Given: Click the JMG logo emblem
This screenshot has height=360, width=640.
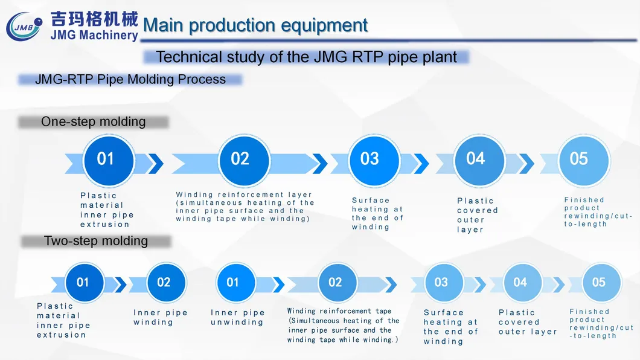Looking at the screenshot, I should pos(25,27).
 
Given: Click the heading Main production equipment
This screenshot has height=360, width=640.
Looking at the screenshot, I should pos(255,25).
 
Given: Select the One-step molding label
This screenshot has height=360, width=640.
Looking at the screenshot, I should pos(93,121).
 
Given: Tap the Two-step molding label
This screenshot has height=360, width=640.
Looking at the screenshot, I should pos(96,241).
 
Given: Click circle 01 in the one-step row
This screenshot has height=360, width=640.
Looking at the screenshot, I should pos(106,159).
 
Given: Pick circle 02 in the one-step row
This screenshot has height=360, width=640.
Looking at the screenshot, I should pos(240,159).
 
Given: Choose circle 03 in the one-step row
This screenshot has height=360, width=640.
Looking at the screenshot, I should pos(370,159).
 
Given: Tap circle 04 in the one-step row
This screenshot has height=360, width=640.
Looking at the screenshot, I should pos(476,159).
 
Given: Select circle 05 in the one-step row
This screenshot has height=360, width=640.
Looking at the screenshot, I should pos(578,159).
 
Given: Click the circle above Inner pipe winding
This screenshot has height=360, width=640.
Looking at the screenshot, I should pos(164,283).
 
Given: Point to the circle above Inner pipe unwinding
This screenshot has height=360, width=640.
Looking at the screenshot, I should pos(232,283).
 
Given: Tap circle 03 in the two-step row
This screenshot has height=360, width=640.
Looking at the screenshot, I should pos(441,283).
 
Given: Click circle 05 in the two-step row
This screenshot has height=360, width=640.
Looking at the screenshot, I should pos(598,283).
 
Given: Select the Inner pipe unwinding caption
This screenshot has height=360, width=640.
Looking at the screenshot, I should pos(238,317).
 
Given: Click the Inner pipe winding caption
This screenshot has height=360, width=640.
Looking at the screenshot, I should pos(161,317).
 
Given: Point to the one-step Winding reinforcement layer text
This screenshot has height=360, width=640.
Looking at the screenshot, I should pos(245,207).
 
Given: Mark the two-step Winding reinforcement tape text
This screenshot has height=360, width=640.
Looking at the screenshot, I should pos(343,326).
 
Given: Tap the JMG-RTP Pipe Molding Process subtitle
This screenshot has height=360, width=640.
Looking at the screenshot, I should pos(130,79).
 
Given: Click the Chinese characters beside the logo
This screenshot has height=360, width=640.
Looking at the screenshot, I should pos(94,18).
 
